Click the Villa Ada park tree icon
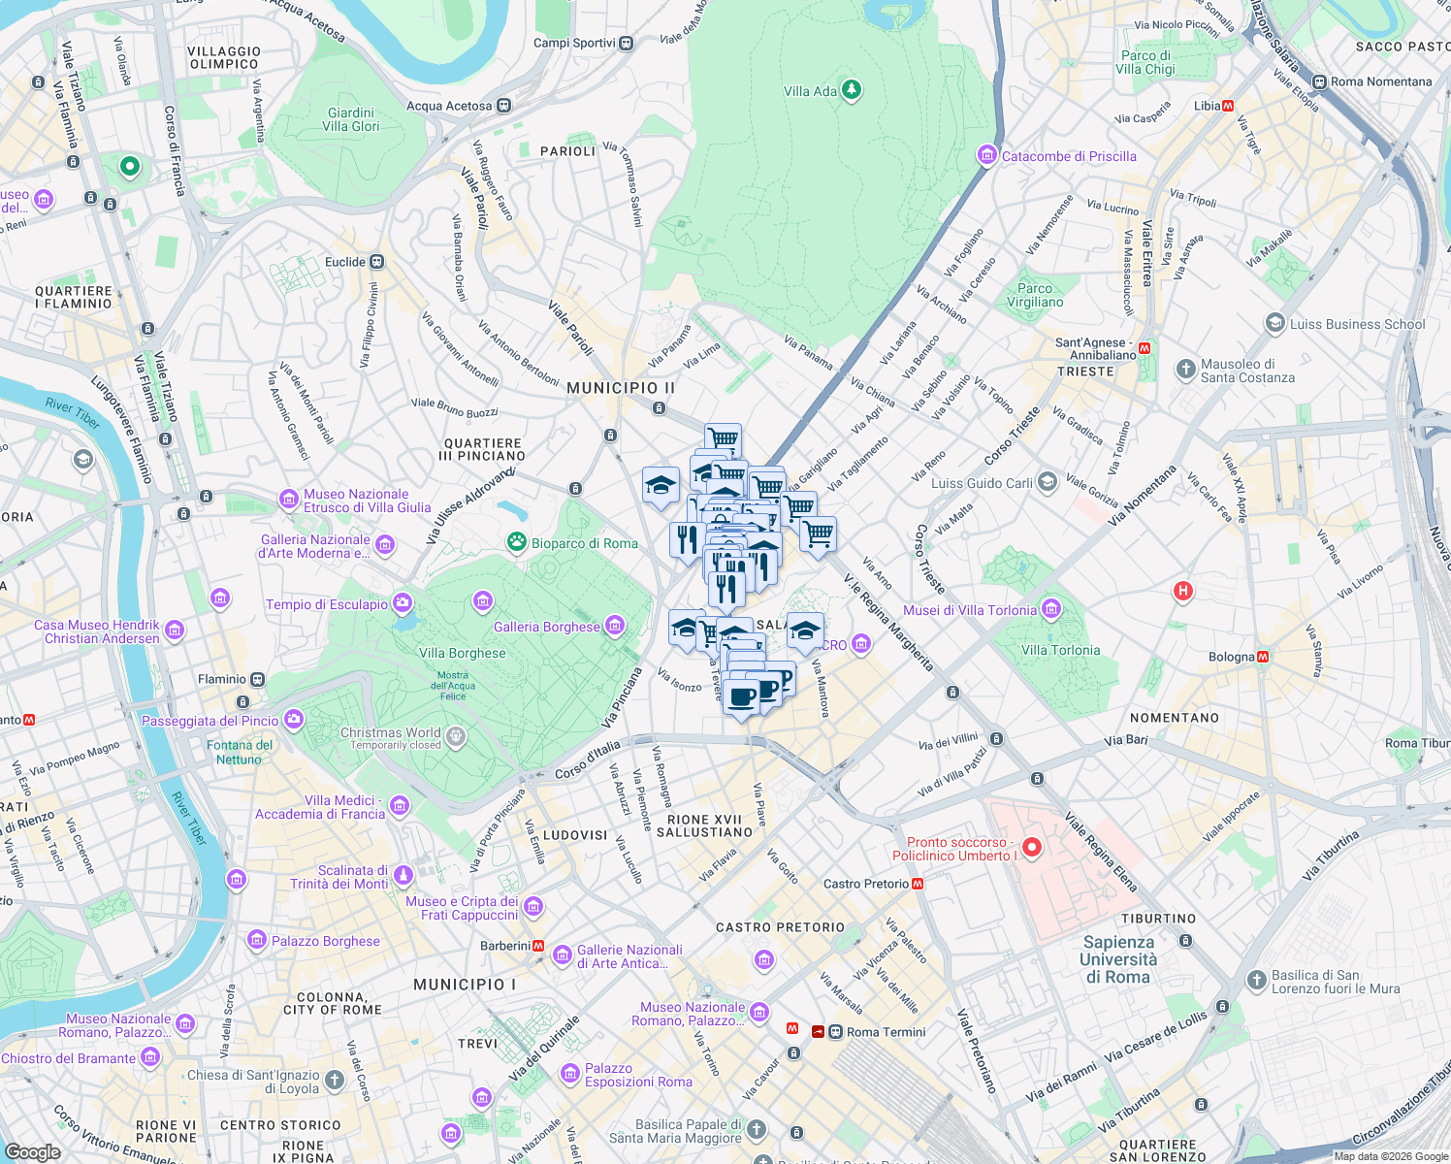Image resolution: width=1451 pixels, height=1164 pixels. [x=852, y=90]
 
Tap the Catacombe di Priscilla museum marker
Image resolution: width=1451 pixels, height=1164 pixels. [x=987, y=155]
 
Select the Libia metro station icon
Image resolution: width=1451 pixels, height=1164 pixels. [x=1228, y=106]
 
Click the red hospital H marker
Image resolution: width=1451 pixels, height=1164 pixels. [x=1182, y=591]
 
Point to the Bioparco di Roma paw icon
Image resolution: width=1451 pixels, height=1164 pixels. [x=518, y=542]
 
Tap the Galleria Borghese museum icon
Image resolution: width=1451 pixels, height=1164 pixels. [x=614, y=627]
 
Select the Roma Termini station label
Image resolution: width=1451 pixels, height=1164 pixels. [x=886, y=1032]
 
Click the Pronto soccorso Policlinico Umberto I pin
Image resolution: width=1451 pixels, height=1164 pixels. [x=1032, y=848]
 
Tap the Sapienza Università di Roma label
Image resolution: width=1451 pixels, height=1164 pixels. [x=1118, y=959]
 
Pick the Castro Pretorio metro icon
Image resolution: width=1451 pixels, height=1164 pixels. [x=918, y=884]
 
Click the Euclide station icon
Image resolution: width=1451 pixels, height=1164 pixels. [x=376, y=262]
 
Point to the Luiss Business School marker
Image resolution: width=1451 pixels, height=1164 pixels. [x=1275, y=324]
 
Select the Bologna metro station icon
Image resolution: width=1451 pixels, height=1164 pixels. [x=1263, y=657]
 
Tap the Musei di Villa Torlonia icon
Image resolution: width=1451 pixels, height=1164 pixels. [x=1050, y=610]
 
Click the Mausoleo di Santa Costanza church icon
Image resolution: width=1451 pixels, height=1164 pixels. [x=1185, y=370]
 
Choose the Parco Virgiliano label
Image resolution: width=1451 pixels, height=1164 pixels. [x=1035, y=295]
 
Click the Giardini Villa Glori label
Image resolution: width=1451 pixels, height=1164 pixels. [x=350, y=119]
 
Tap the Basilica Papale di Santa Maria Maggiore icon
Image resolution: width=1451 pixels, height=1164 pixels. [x=756, y=1130]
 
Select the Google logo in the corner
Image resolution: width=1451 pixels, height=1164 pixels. [x=33, y=1151]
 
